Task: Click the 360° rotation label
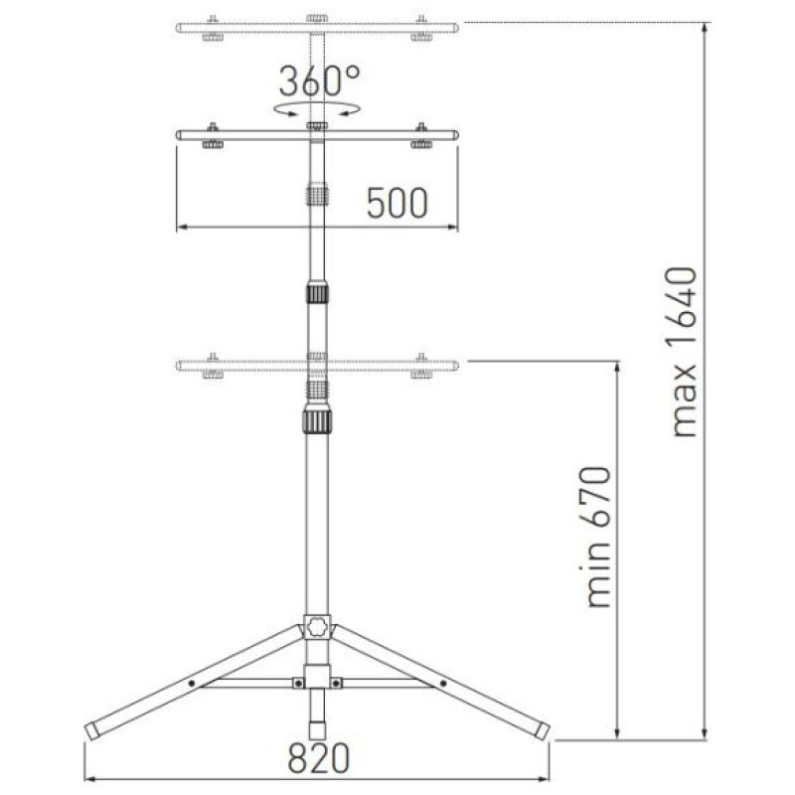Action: point(319,81)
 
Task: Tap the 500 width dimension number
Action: point(397,204)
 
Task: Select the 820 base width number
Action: point(318,758)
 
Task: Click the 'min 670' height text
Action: point(598,537)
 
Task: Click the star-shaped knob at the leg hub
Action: point(317,626)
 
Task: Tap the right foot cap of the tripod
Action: point(542,730)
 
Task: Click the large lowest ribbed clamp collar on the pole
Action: point(317,420)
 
